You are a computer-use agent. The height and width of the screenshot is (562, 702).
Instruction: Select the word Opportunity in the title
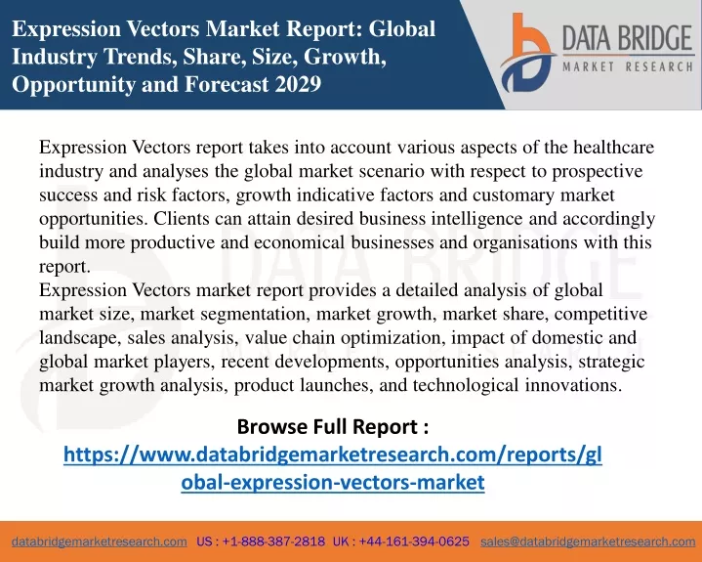click(x=73, y=85)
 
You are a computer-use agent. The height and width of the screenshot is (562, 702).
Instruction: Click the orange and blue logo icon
click(x=527, y=53)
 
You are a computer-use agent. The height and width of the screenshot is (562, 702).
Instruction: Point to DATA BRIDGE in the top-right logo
click(x=627, y=38)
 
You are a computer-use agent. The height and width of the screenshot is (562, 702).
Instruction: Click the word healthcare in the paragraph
click(x=613, y=147)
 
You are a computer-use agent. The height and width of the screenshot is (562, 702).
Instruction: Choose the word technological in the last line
click(x=466, y=386)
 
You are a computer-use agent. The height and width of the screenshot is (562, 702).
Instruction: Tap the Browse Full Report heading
click(x=333, y=426)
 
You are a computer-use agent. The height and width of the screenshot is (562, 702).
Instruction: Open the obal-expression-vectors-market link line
click(x=333, y=482)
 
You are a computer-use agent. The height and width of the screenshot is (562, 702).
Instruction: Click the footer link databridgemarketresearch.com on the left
click(x=100, y=541)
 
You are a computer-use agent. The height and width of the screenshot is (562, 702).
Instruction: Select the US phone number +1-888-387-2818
click(x=273, y=541)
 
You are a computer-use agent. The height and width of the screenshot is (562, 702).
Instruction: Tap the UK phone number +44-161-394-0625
click(x=414, y=541)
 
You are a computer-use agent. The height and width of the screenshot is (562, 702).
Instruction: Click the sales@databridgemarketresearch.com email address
click(x=588, y=541)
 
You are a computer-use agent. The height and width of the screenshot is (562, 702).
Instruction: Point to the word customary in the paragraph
click(x=514, y=195)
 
